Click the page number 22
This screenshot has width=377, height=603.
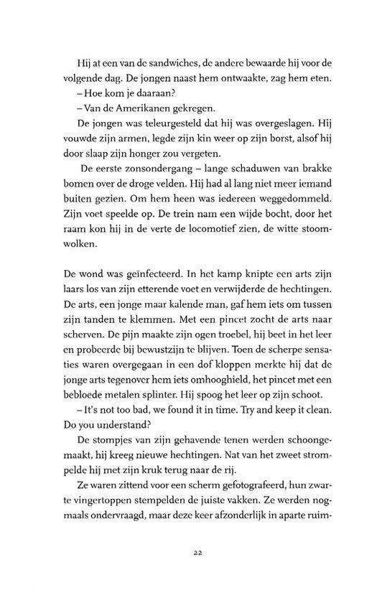click(x=187, y=551)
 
